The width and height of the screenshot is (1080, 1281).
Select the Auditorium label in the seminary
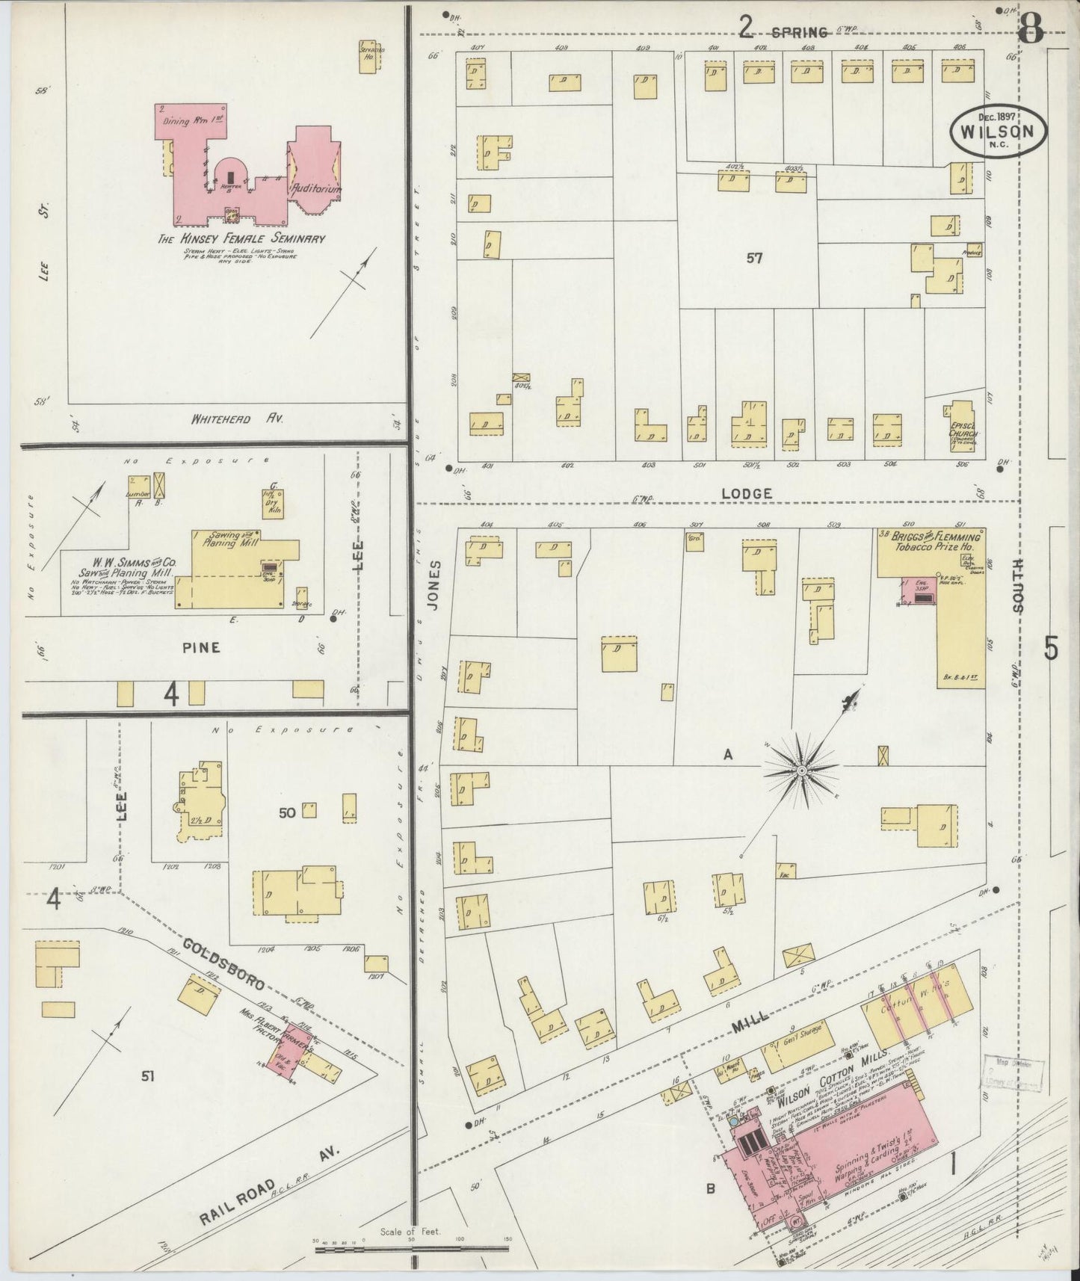pos(317,189)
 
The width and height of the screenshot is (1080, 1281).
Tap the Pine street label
pos(201,647)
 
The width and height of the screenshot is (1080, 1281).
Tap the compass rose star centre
pos(800,770)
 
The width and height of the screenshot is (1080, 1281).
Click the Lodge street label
pos(747,493)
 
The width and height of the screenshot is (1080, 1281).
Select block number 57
pos(753,259)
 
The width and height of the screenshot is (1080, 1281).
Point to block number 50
pos(287,812)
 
